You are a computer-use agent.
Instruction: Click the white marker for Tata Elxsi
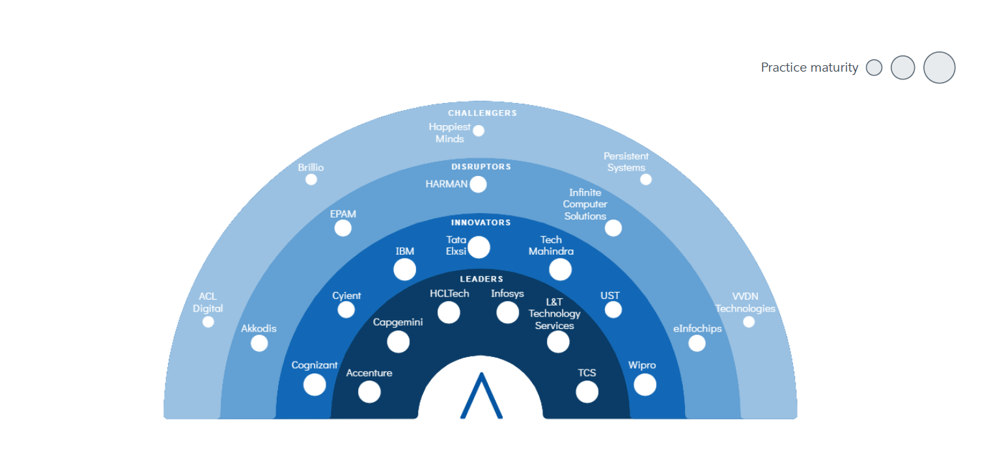tap(479, 247)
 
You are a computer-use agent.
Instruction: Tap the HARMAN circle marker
tap(478, 184)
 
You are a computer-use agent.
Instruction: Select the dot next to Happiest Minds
tap(479, 131)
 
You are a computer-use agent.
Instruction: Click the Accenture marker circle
tap(369, 392)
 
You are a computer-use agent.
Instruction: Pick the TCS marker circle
tap(587, 392)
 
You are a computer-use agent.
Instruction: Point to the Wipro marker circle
tap(645, 384)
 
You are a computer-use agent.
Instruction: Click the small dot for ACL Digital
tap(208, 322)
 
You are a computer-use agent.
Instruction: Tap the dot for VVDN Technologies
tap(749, 322)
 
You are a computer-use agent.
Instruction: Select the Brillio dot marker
tap(311, 180)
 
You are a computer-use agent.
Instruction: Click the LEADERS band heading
tap(481, 279)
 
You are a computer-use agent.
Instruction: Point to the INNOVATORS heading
tap(481, 223)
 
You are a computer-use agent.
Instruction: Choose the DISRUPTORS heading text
tap(481, 167)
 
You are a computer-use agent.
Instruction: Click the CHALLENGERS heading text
tap(483, 113)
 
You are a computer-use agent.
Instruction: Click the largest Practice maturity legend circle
tap(940, 67)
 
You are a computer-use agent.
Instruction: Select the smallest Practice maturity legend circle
tap(874, 67)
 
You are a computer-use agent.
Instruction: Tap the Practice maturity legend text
tap(809, 67)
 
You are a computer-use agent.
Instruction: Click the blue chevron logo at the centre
tap(481, 395)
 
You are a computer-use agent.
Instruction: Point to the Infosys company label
tap(507, 294)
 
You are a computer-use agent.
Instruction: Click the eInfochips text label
tap(697, 328)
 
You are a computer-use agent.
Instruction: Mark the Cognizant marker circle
tap(315, 384)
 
